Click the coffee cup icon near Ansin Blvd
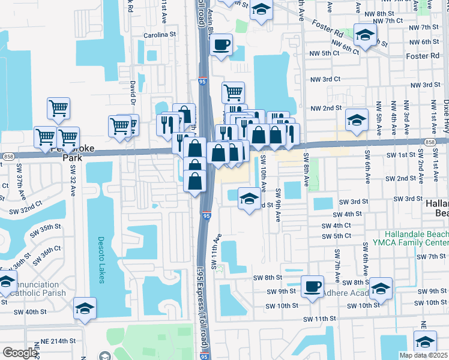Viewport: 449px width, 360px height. [221, 44]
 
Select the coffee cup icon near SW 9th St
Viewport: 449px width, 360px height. [312, 286]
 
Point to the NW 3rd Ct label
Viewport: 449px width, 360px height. [325, 79]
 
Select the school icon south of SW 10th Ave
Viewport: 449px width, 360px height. [249, 198]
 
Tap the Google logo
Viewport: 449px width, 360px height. [20, 352]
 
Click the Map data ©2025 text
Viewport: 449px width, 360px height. [423, 355]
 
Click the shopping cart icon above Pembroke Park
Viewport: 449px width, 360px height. [58, 108]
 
